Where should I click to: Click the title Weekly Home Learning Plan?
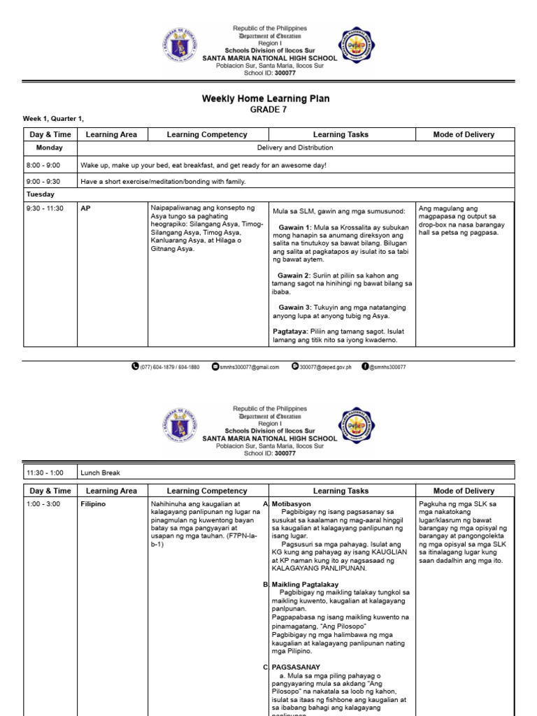(265, 99)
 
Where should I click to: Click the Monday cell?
(50, 148)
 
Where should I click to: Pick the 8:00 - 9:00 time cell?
(43, 165)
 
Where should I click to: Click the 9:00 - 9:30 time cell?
(43, 182)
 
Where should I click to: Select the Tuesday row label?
(41, 194)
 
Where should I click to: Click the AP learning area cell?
(87, 208)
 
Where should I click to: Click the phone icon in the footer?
(135, 366)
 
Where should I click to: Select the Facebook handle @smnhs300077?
(387, 366)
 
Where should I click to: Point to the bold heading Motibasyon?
(292, 503)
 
